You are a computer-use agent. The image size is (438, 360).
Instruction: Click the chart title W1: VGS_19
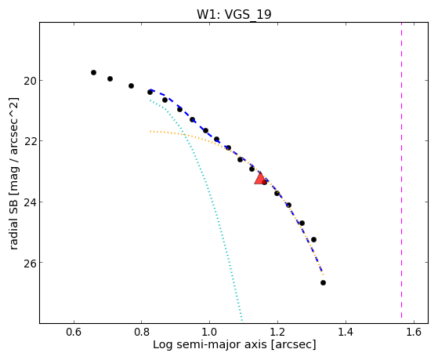(234, 14)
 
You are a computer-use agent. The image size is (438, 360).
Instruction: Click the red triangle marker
(260, 179)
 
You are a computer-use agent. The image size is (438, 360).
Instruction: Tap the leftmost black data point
(93, 72)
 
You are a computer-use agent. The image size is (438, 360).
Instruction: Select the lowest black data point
(323, 283)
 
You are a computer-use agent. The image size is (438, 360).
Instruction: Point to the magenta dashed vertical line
(402, 170)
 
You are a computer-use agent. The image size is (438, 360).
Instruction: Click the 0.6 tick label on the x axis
(74, 332)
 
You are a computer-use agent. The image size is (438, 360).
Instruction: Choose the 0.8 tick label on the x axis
(142, 332)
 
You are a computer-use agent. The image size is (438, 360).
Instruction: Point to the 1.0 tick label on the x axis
(209, 332)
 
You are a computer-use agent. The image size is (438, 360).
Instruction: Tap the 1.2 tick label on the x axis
(277, 332)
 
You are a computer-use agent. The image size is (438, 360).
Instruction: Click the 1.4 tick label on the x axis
(346, 332)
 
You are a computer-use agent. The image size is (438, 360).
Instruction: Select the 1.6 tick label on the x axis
(414, 332)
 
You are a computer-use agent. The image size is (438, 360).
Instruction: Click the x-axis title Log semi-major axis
(210, 344)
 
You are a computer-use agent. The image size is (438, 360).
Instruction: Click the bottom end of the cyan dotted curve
(242, 320)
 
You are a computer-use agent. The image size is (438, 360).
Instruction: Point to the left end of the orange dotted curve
(150, 131)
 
